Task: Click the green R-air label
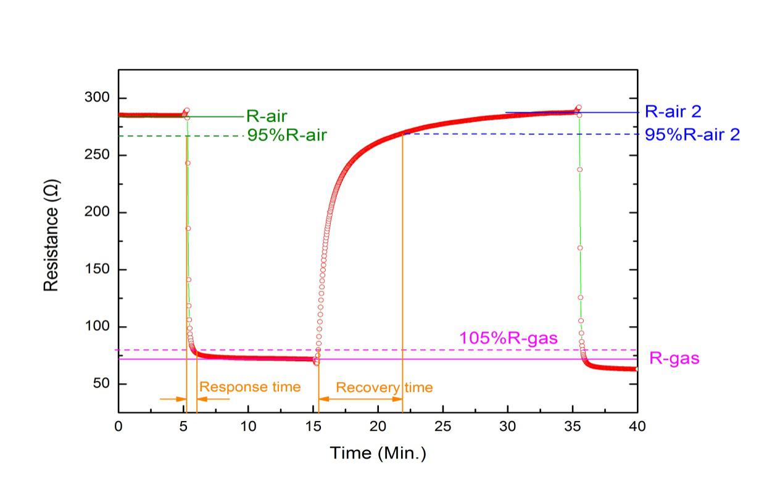pos(267,116)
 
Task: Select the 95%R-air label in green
pos(287,136)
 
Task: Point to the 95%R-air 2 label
pos(692,134)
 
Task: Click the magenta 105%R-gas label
pos(508,338)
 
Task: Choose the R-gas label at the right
pos(674,358)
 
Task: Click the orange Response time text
pos(250,387)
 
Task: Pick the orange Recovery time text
pos(384,388)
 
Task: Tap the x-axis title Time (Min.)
pos(378,454)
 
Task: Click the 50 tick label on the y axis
pos(101,384)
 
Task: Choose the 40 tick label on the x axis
pos(637,427)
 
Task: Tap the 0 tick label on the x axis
pos(118,427)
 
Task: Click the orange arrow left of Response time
pos(172,399)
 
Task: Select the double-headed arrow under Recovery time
pos(360,399)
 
